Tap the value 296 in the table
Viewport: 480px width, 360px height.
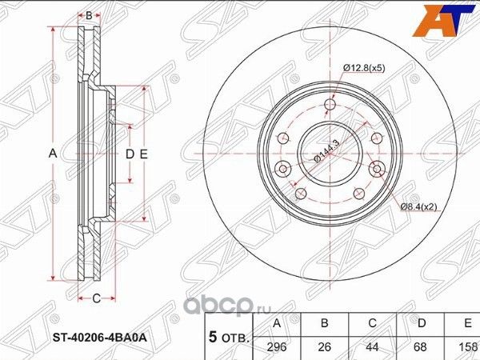[x=278, y=347]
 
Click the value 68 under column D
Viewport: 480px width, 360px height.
[x=422, y=347]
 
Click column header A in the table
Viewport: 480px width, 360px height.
[x=278, y=324]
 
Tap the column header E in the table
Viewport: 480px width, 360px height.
[x=466, y=324]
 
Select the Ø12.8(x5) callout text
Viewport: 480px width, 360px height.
[x=365, y=69]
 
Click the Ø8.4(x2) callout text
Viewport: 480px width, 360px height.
[x=419, y=207]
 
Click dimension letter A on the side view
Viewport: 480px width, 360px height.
[x=53, y=152]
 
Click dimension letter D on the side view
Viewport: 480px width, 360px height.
[x=128, y=152]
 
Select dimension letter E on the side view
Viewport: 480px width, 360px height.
[x=145, y=152]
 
